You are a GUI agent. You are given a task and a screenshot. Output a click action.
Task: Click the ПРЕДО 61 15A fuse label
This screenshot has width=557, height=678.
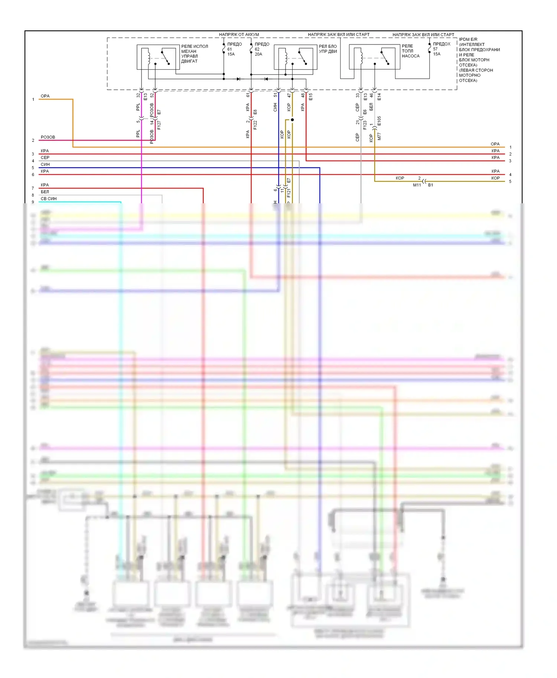(234, 49)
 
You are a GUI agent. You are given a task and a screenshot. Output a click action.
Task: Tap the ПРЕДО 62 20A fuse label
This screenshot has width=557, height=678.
(261, 49)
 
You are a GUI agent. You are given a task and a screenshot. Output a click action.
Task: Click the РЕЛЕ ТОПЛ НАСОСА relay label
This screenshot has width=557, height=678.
(410, 51)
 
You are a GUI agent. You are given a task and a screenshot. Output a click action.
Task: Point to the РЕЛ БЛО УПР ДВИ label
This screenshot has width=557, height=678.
(328, 49)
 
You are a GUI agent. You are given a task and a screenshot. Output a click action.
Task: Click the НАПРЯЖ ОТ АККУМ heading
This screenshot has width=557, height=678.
(239, 34)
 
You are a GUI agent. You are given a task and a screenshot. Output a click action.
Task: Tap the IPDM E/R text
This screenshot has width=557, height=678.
(468, 39)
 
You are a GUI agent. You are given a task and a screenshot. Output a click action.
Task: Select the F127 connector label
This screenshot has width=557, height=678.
(159, 125)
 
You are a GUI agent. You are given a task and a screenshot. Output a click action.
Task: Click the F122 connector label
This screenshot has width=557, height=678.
(255, 125)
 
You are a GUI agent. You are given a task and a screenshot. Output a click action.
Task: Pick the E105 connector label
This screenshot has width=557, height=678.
(379, 121)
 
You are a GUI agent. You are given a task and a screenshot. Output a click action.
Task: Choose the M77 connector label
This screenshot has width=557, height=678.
(379, 136)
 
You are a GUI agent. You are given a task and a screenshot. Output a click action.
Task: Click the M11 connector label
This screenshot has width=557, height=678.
(417, 185)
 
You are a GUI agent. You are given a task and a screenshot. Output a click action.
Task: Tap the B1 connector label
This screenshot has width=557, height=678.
(430, 185)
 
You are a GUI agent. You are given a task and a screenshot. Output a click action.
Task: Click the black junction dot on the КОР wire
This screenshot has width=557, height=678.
(292, 120)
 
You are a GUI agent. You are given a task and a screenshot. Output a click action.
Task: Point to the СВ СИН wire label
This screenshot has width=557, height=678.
(49, 199)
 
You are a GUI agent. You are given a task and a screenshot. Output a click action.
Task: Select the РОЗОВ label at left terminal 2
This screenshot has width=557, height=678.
(48, 137)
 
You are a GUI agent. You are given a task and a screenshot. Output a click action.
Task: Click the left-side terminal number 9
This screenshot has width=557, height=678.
(33, 202)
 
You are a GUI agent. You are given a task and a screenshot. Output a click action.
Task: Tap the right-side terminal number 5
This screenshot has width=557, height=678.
(510, 181)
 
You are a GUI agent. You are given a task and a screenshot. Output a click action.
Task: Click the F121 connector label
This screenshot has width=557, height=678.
(289, 193)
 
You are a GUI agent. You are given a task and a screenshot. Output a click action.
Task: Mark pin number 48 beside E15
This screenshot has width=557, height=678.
(303, 95)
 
